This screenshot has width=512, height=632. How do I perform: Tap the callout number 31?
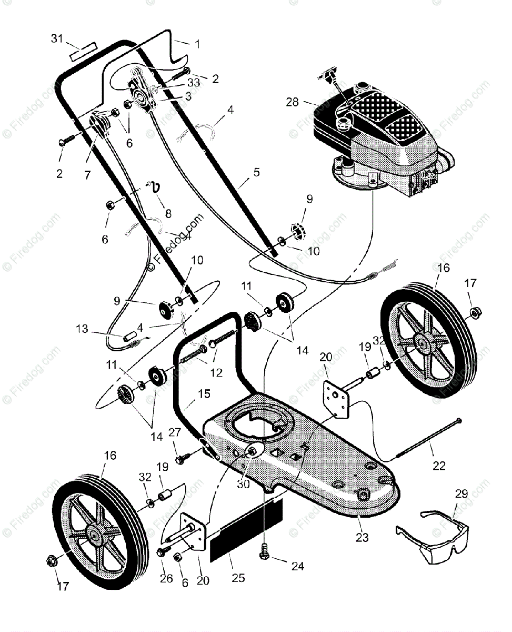(57, 38)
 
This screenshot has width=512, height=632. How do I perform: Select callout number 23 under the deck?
(363, 538)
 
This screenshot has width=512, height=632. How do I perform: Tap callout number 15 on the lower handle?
(204, 393)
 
